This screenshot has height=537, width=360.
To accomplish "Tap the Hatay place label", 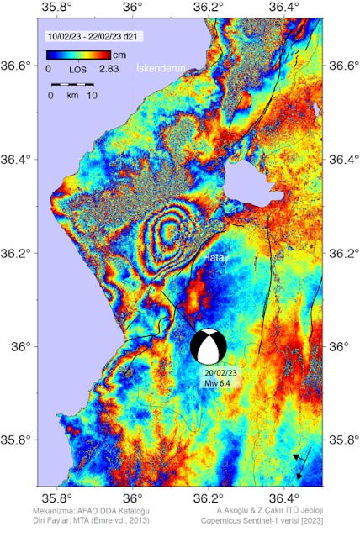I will (x=218, y=260).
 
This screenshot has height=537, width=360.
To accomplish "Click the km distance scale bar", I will (x=71, y=85).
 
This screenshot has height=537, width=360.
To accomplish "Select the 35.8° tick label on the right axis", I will (x=343, y=440).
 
